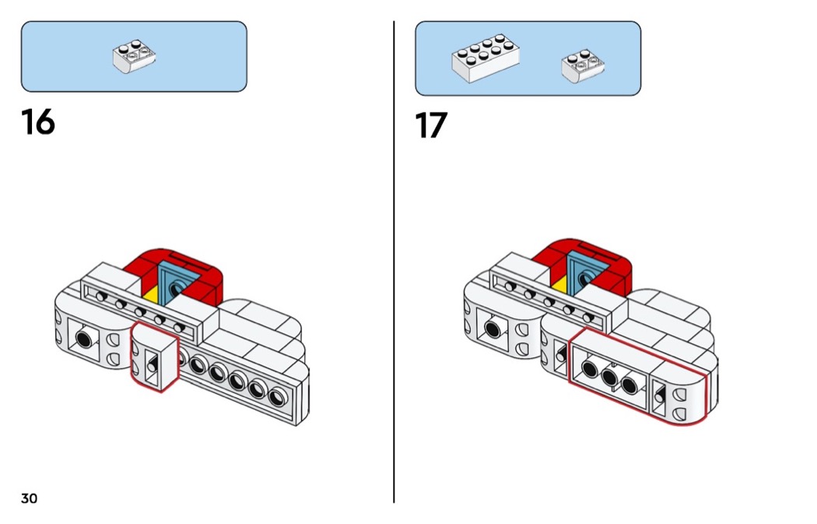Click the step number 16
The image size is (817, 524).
point(38,122)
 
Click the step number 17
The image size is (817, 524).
point(432,126)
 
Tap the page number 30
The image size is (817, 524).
point(29,498)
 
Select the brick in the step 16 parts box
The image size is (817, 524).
point(134,58)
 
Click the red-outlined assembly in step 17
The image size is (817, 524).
point(638,376)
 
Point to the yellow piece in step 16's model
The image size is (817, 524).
point(152,295)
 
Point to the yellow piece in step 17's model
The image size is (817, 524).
point(558,281)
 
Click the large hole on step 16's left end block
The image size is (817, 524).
point(83,339)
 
